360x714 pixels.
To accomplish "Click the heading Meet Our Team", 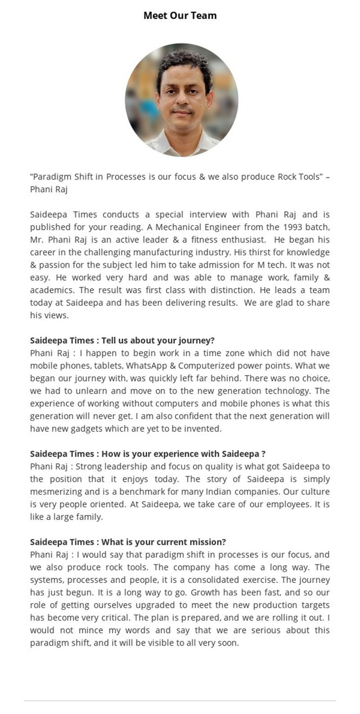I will point(180,15).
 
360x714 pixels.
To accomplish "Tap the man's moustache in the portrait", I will point(182,110).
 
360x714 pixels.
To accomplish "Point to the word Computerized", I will point(203,366).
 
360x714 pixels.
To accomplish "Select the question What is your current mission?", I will point(128,542).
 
